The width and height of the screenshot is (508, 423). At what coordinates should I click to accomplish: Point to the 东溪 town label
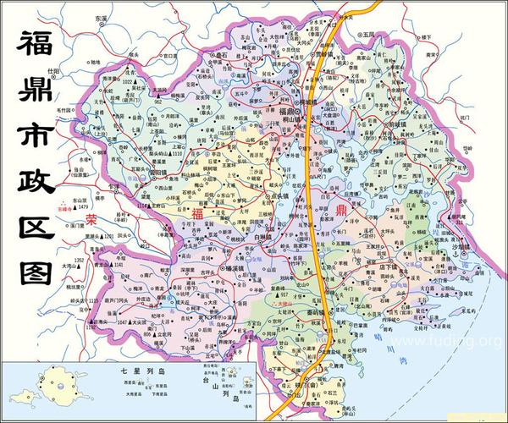(102, 17)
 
